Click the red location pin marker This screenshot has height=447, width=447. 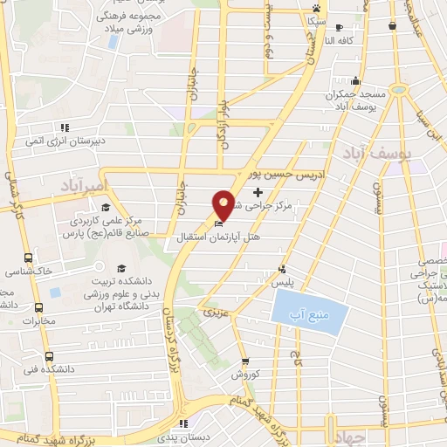coord(223,204)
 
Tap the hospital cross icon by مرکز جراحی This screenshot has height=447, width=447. coord(257,191)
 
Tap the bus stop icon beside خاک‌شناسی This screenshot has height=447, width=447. coord(28,258)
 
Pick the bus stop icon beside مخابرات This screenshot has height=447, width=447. coord(38,307)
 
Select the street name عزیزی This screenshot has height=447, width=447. coord(215,311)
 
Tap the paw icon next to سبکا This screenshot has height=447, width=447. coord(315,7)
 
